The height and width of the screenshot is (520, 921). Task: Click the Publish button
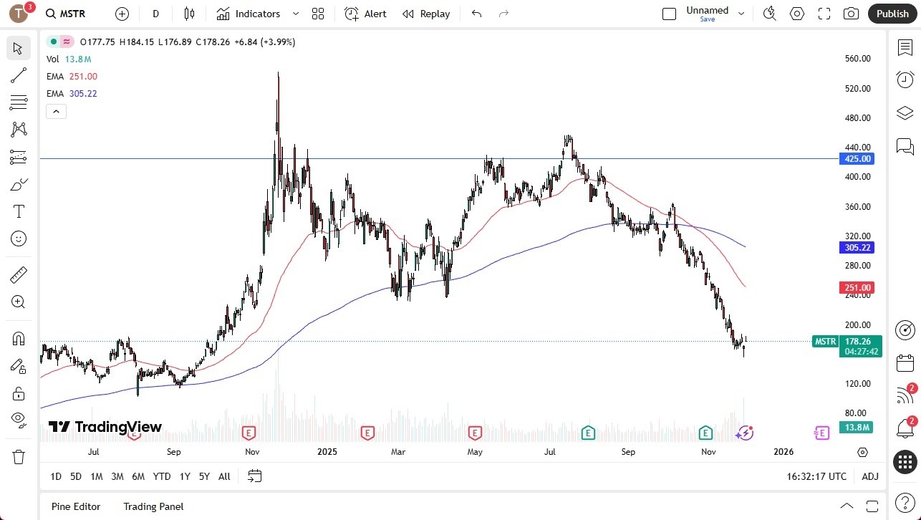point(892,14)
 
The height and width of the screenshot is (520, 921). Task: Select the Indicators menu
point(257,14)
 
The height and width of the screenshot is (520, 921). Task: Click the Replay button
point(426,14)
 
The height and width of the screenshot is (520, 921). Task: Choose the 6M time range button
point(138,476)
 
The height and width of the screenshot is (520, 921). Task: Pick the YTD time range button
point(162,476)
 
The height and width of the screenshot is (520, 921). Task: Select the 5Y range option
point(204,476)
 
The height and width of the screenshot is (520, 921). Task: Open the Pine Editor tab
point(76,506)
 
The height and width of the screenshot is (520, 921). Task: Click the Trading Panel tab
point(153,506)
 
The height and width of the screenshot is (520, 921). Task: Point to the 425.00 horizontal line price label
point(857,159)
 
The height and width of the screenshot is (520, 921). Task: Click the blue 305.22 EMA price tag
point(857,248)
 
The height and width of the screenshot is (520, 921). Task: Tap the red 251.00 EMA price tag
point(857,288)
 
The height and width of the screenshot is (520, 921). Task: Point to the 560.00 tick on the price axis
point(857,59)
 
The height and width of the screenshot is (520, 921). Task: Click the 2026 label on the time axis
point(783,452)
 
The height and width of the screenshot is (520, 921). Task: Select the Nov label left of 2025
point(251,452)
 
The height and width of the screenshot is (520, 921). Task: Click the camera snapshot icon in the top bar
point(851,14)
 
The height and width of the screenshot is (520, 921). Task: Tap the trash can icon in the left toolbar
point(19,457)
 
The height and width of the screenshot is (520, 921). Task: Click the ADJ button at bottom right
point(870,476)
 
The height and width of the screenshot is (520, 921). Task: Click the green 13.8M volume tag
point(857,428)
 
